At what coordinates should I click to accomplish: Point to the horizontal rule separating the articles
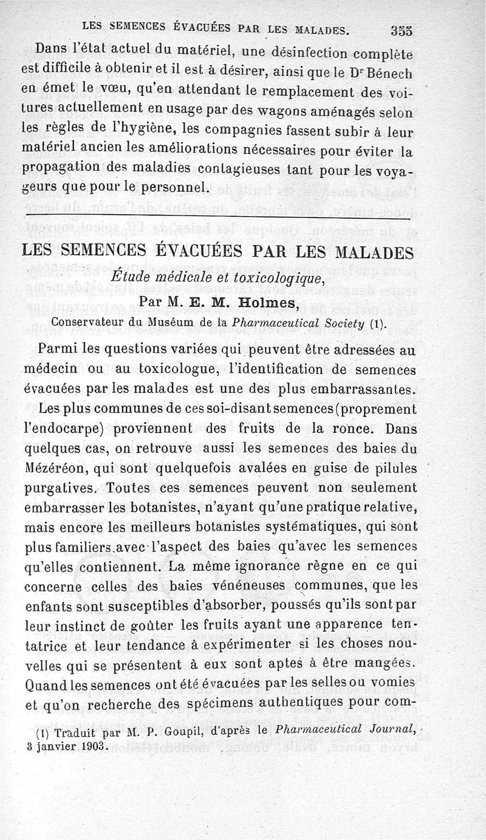tap(218, 217)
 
